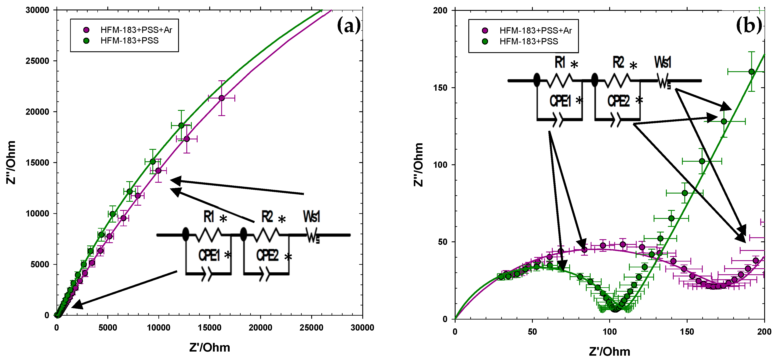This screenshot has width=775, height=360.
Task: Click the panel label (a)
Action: [x=348, y=25]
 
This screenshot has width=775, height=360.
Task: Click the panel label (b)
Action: [x=749, y=25]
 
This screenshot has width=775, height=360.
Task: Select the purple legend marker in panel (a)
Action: [x=86, y=30]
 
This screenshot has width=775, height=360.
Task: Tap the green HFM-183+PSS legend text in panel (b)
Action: [x=528, y=42]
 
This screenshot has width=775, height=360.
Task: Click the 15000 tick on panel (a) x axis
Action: [x=209, y=328]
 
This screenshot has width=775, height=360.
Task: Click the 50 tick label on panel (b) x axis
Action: [x=532, y=332]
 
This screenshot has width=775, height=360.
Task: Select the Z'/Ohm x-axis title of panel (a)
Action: [x=209, y=347]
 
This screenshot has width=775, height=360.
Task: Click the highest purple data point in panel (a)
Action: [x=221, y=98]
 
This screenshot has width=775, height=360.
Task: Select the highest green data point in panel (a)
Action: [x=181, y=125]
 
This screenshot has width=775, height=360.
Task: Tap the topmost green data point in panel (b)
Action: [x=751, y=72]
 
